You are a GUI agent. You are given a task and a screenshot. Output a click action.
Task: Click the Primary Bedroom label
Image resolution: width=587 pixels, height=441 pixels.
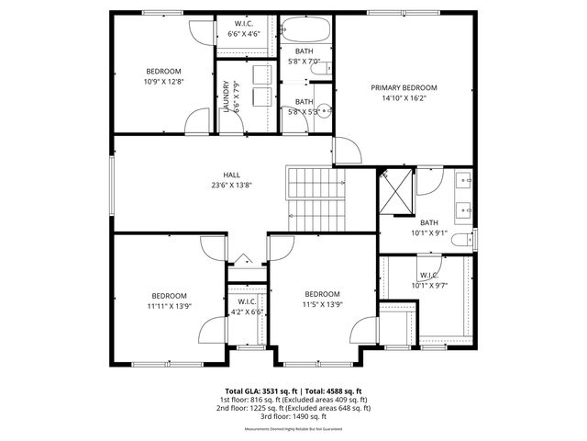pos(404,88)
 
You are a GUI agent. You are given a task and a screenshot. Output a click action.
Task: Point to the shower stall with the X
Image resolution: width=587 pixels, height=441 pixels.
pos(396,190)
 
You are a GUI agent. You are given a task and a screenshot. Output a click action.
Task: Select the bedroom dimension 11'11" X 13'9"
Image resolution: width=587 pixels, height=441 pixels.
pos(169,305)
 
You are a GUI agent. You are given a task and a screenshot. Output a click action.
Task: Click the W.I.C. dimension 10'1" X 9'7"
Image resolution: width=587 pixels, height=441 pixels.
pos(429,285)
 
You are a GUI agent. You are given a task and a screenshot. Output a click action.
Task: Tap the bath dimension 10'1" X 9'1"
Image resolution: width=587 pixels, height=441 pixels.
pos(429,232)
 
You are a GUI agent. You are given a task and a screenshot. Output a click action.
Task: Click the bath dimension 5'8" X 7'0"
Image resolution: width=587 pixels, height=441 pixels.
pos(304,62)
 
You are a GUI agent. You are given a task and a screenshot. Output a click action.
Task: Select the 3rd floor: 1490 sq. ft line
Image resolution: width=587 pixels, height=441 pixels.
pos(293,416)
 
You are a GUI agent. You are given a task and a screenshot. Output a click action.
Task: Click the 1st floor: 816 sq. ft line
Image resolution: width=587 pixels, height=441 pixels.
pos(293,400)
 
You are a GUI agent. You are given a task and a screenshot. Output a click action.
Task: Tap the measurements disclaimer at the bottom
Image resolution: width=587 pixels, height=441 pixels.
pos(293,429)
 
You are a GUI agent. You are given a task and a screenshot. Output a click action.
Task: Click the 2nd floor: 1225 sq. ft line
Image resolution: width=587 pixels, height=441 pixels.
pos(293,408)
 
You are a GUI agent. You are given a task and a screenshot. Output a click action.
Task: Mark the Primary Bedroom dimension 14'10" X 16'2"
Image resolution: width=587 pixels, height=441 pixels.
pos(404,98)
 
